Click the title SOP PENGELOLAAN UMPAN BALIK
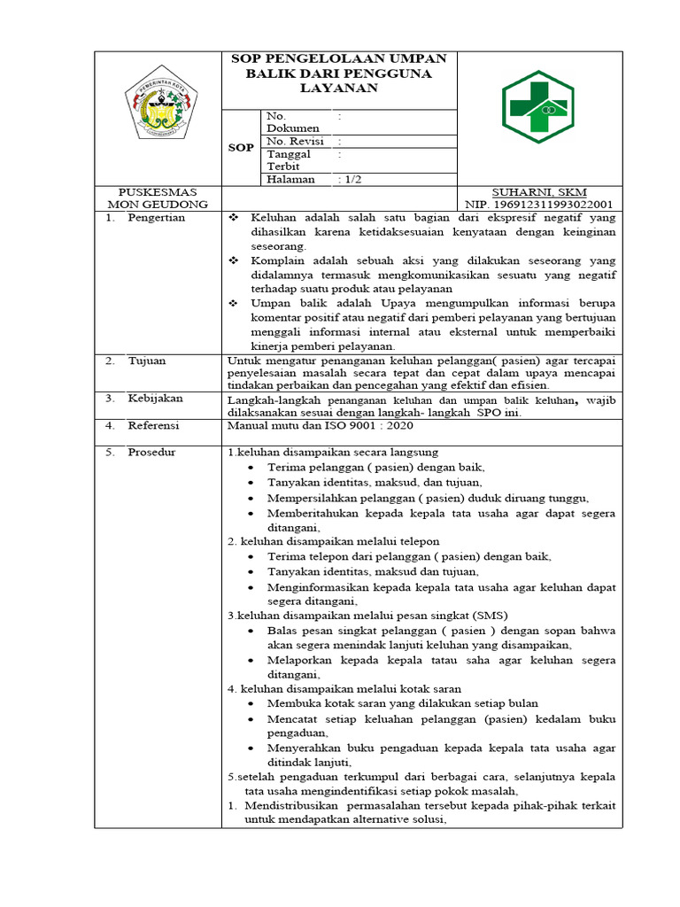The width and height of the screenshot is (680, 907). pyautogui.click(x=339, y=73)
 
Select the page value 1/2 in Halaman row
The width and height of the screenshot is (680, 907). pyautogui.click(x=350, y=179)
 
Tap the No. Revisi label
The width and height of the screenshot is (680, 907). pyautogui.click(x=295, y=141)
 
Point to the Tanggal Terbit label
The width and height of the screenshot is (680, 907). pyautogui.click(x=285, y=159)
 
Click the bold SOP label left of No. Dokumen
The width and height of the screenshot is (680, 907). pyautogui.click(x=241, y=148)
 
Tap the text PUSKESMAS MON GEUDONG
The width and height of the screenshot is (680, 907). pyautogui.click(x=158, y=198)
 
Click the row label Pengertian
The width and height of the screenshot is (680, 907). pyautogui.click(x=156, y=218)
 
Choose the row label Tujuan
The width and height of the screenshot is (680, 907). pyautogui.click(x=146, y=360)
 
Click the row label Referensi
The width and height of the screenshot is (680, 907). pyautogui.click(x=153, y=425)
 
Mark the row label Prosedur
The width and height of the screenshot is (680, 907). pyautogui.click(x=151, y=453)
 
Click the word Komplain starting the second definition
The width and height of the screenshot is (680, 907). pyautogui.click(x=278, y=260)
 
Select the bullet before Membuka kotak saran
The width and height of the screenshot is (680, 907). pyautogui.click(x=253, y=704)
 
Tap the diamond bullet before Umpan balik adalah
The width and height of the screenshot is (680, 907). pyautogui.click(x=234, y=303)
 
